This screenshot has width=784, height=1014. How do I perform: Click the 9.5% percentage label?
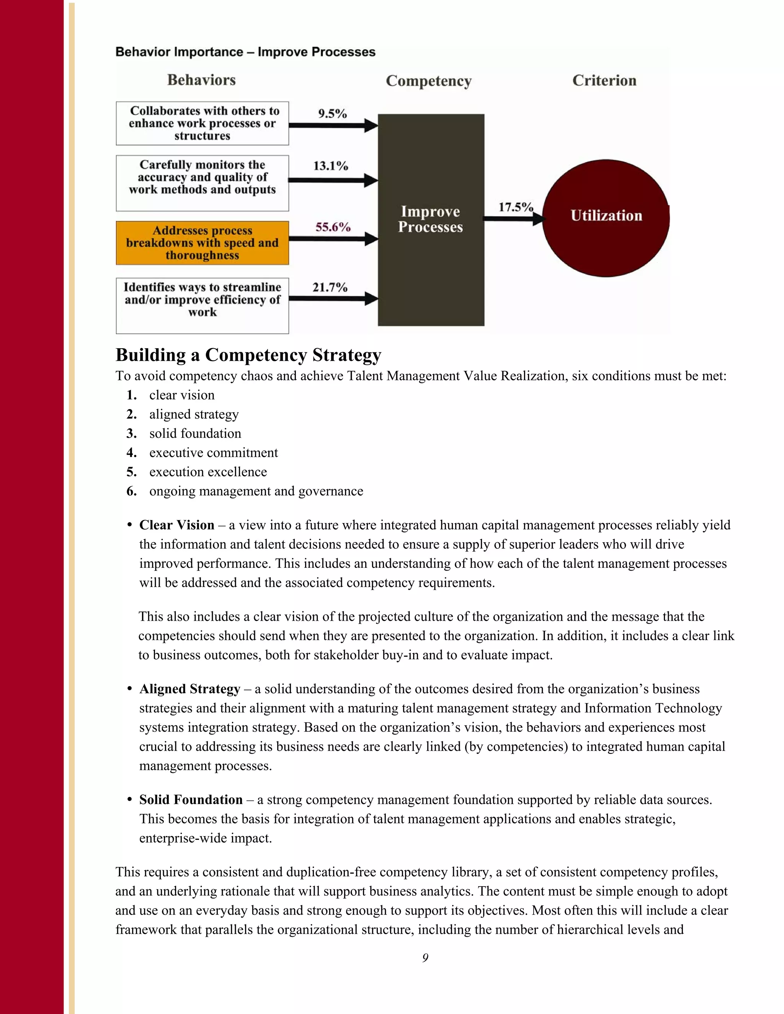pos(332,114)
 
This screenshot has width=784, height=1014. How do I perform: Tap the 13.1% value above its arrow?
pos(330,166)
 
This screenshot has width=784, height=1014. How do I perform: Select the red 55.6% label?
pos(333,227)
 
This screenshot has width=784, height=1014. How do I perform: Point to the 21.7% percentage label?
pos(330,287)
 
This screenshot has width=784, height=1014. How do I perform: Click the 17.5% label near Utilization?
pos(515,207)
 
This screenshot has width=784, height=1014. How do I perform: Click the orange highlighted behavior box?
pos(202,243)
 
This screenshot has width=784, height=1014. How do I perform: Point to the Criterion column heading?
pos(604,80)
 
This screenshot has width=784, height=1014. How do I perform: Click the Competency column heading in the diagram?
pos(428,81)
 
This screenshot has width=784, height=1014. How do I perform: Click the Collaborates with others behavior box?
pos(202,123)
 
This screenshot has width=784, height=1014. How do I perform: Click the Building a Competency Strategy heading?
pos(248,355)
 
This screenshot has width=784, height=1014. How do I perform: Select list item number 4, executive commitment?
pos(213,453)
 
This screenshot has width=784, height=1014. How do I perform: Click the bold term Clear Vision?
pos(176,525)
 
